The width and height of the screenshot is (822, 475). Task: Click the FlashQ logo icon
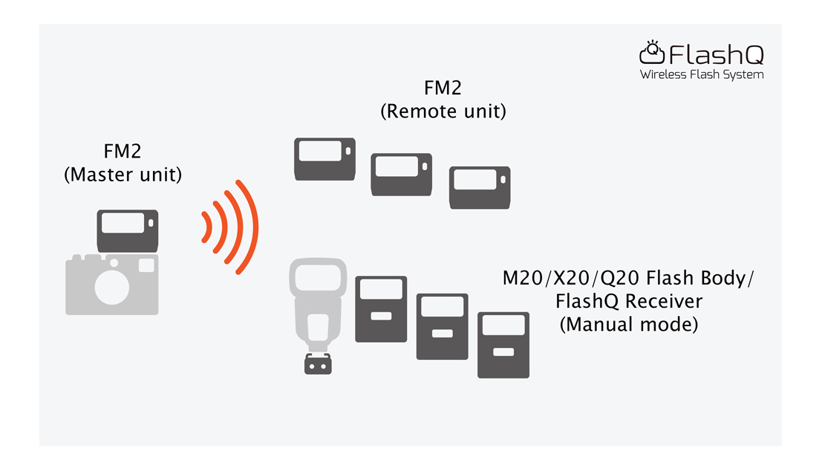pos(651,52)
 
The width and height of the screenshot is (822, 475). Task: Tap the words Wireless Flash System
pos(701,74)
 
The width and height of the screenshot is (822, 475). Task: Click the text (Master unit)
pos(123,175)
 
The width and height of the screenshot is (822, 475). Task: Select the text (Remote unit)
pos(443,112)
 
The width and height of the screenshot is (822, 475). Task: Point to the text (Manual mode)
pos(628,325)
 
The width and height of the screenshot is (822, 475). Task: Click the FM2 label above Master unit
pos(123,152)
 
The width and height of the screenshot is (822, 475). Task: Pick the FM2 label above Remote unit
pos(443,88)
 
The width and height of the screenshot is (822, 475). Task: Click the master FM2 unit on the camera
pos(128,230)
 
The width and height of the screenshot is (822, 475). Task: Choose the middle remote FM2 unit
pos(401,175)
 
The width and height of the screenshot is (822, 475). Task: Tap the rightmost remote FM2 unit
pos(479,188)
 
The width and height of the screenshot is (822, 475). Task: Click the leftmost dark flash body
pos(381,308)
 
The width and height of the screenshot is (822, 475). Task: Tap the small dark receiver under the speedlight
pos(319,364)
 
